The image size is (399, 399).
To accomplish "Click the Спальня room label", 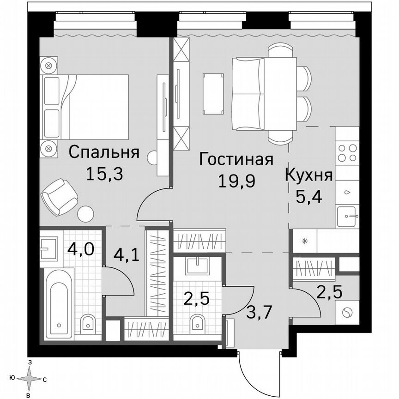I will pyautogui.click(x=104, y=153).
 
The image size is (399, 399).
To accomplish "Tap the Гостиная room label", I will pyautogui.click(x=236, y=160).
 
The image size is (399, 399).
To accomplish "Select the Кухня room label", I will pyautogui.click(x=308, y=175).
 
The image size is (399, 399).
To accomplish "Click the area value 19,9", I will pyautogui.click(x=236, y=181).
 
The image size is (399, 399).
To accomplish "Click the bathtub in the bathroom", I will pyautogui.click(x=59, y=303).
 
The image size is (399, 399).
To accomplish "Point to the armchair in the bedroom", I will pyautogui.click(x=59, y=196).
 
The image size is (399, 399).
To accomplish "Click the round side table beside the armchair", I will pyautogui.click(x=85, y=214).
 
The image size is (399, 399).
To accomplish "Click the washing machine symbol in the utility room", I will pyautogui.click(x=346, y=313).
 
